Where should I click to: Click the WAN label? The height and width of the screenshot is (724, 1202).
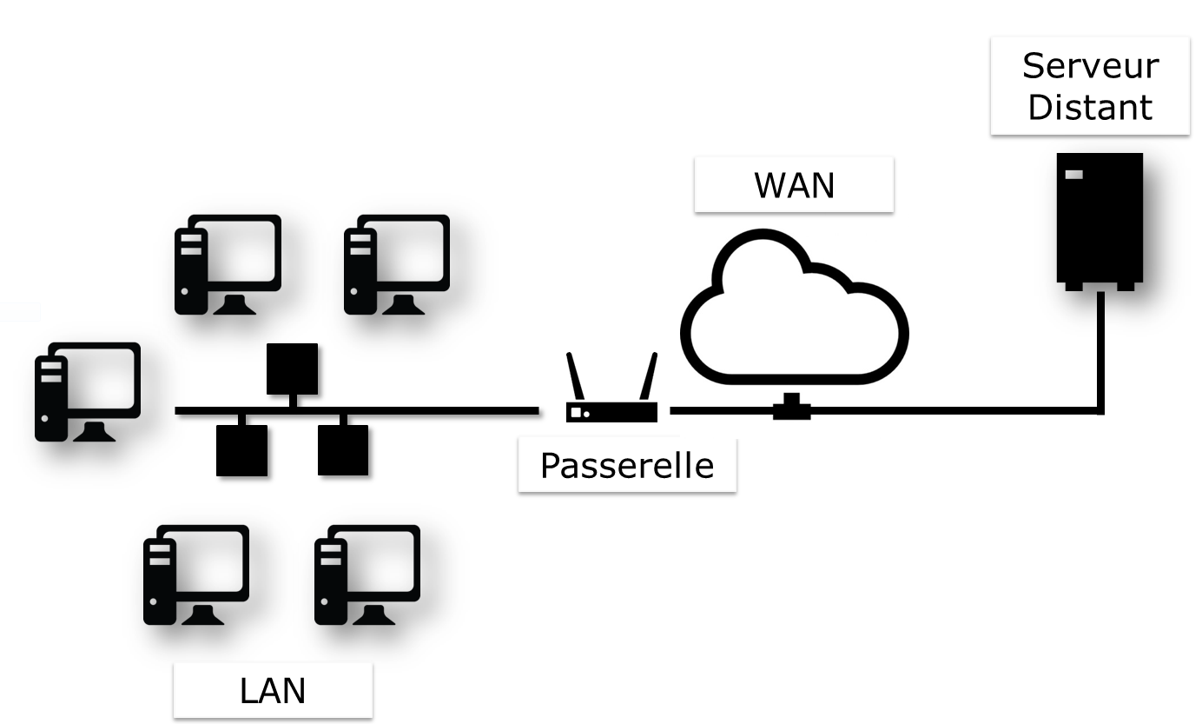794,185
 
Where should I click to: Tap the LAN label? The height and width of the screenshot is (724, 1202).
272,691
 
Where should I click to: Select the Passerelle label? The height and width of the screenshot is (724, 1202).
626,465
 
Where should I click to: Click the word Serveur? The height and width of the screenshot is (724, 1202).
1090,66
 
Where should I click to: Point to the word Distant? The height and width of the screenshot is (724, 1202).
1090,107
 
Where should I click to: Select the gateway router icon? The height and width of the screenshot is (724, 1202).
611,410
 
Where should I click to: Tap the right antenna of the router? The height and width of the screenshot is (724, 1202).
648,375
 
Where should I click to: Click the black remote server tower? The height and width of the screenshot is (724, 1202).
1099,219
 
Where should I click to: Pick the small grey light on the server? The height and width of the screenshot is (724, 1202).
1074,175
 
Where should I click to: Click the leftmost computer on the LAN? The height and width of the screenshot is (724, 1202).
87,391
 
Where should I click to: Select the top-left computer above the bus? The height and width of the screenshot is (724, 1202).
228,263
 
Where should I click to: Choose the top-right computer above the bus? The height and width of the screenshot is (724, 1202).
397,263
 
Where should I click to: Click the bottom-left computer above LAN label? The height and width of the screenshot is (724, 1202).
196,575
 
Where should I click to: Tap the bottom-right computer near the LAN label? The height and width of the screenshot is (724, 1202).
367,575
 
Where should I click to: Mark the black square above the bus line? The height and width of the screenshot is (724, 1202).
292,369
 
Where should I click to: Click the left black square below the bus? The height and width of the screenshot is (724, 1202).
241,450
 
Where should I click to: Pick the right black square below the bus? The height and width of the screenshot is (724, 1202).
343,450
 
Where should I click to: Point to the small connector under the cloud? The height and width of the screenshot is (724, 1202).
791,407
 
